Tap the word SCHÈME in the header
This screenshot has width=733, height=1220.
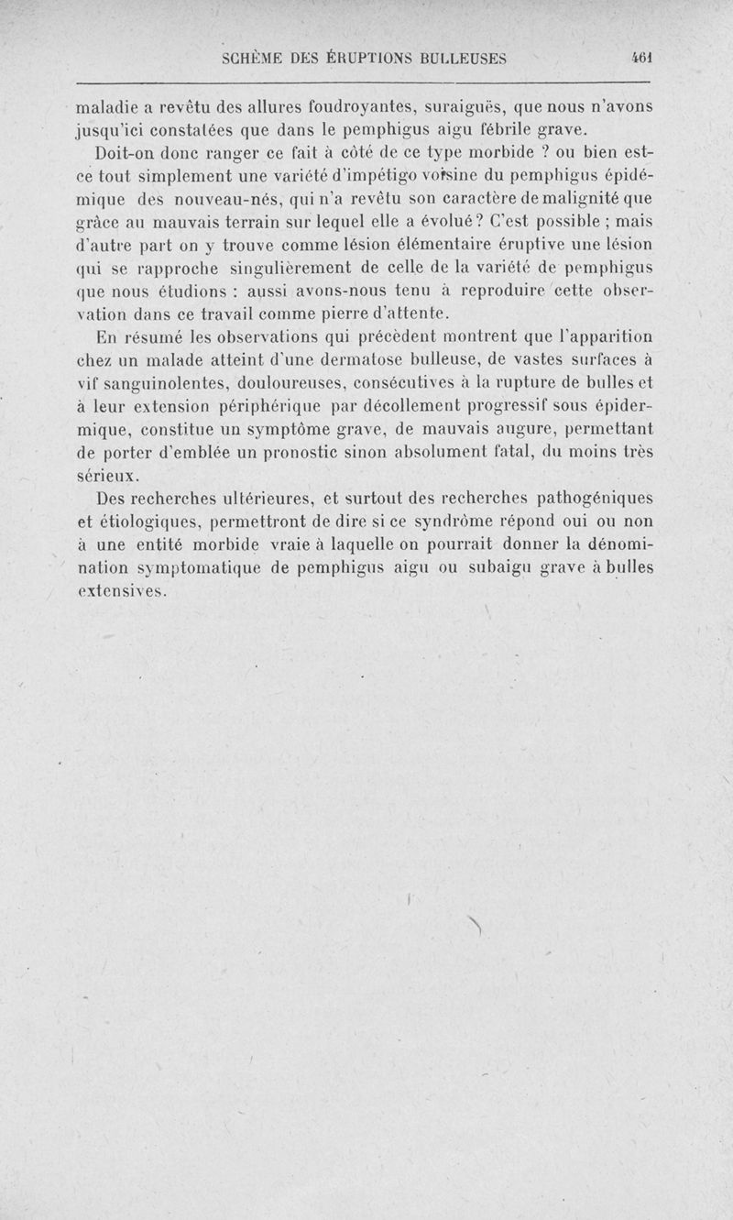tap(255, 58)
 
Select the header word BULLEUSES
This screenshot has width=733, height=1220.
tap(462, 58)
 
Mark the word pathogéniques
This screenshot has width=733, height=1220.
tap(576, 499)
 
